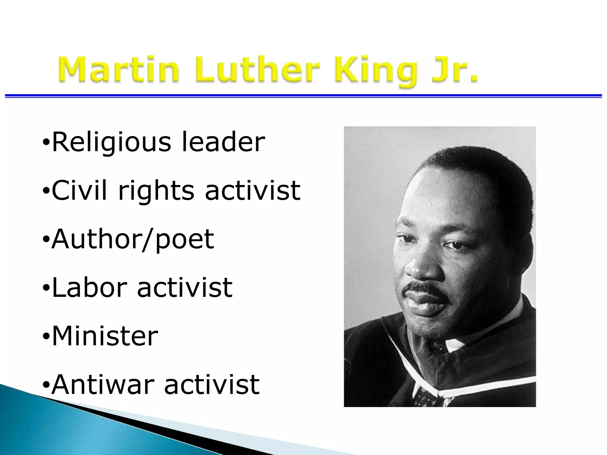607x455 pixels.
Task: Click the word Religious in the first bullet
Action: click(111, 143)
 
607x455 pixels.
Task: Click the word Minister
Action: click(105, 336)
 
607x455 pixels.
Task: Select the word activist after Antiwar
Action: click(212, 384)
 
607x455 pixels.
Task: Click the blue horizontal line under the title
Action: click(303, 96)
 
